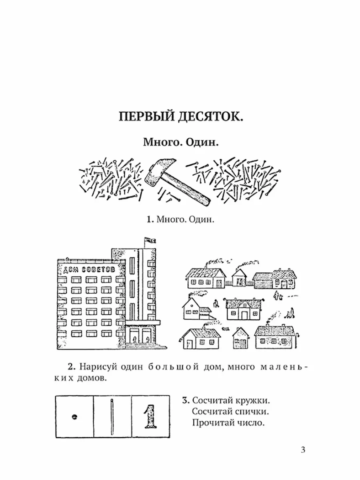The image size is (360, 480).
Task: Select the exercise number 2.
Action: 71,367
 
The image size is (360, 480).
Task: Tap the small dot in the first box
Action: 74,416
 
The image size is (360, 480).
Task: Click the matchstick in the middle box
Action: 112,416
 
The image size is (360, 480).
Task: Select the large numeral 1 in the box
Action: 150,416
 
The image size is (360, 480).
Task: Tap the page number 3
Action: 303,450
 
